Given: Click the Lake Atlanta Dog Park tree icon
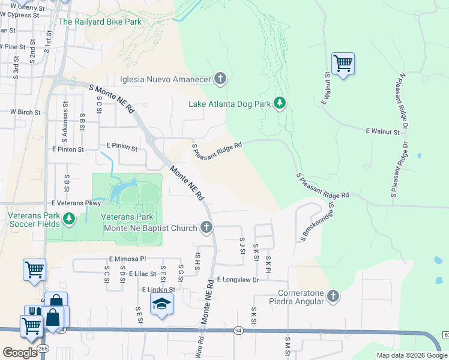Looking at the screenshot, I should (279, 103).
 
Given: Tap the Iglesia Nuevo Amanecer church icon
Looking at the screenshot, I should (220, 79).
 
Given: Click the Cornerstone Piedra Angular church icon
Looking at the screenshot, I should (333, 296).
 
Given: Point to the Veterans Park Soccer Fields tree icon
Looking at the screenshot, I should (69, 219).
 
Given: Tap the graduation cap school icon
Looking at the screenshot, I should (161, 306).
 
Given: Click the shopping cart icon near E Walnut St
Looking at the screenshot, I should (342, 63).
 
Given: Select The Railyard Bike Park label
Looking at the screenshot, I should (100, 22).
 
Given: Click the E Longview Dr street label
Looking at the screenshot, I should (238, 280).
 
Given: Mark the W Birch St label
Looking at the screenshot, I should (25, 112).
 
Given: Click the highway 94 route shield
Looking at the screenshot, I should (238, 331).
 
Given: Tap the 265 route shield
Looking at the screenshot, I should (43, 348).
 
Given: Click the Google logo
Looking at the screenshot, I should (20, 352).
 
